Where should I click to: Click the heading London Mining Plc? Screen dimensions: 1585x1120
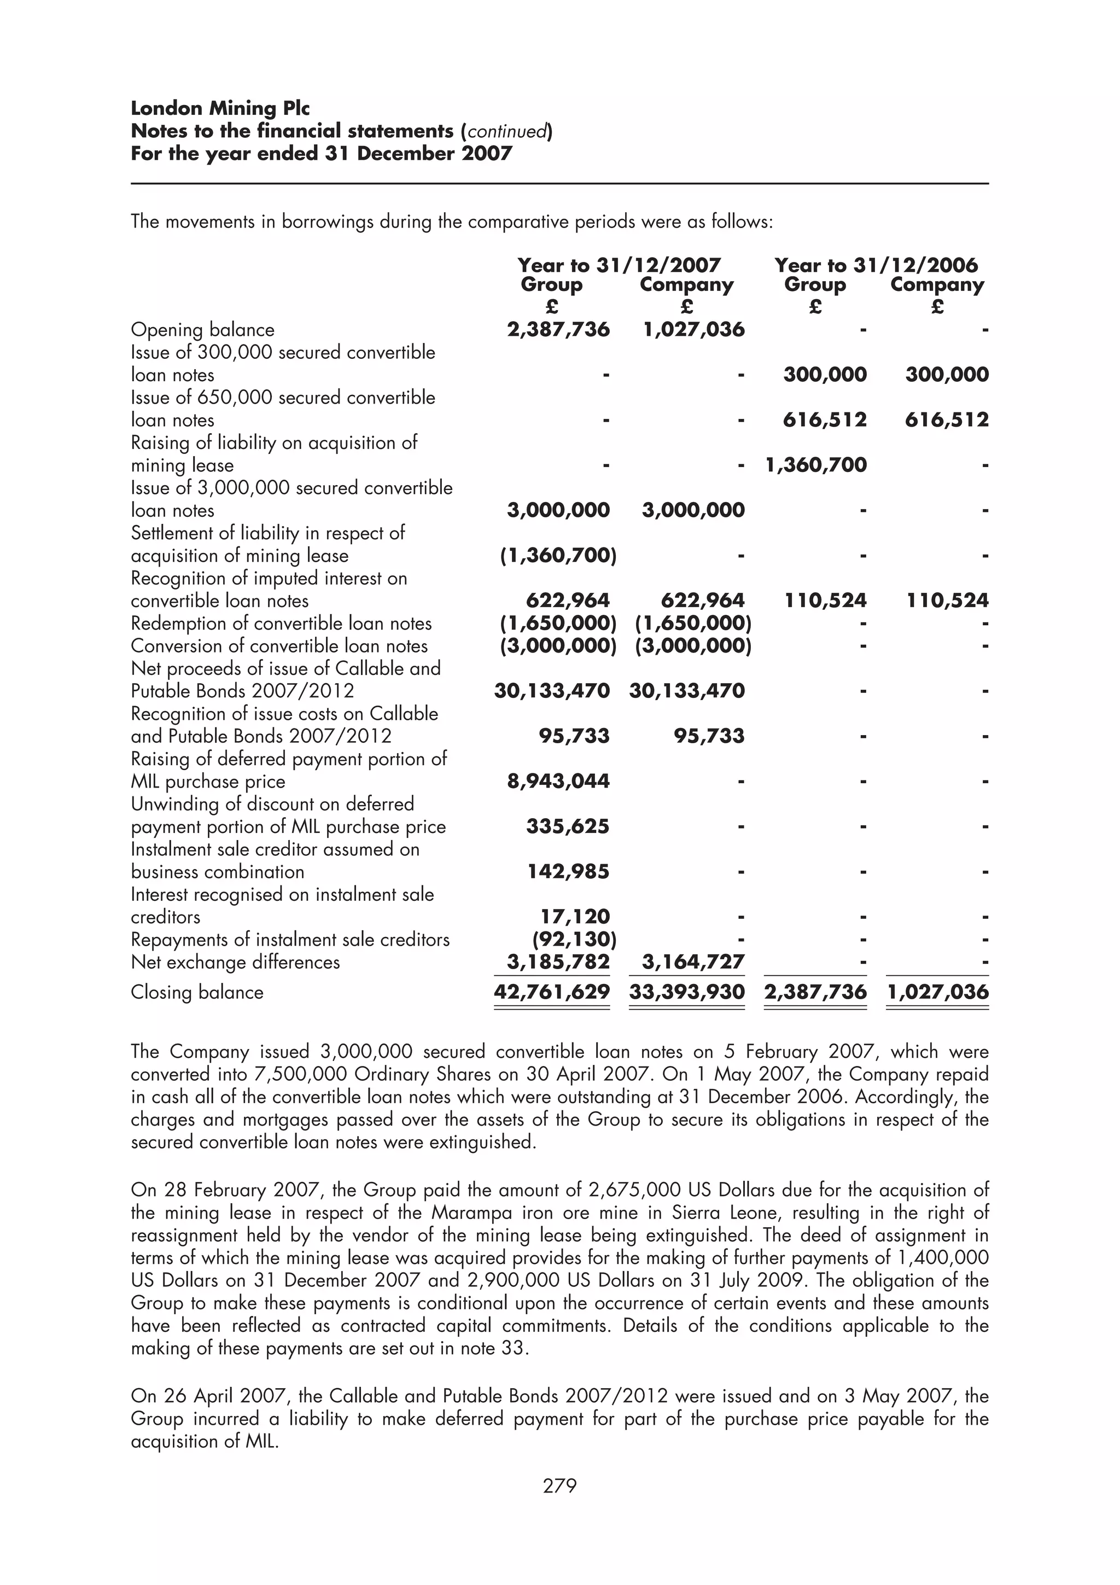click(220, 108)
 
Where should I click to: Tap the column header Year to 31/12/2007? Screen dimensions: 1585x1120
click(619, 265)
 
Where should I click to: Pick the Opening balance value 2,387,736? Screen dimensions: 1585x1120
click(558, 329)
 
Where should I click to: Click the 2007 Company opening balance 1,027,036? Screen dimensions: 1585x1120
click(693, 329)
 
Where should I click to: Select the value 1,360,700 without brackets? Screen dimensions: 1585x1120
click(816, 464)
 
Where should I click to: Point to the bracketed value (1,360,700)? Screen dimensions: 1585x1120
click(558, 555)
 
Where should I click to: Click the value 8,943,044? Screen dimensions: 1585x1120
click(558, 781)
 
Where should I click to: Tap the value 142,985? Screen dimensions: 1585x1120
click(568, 871)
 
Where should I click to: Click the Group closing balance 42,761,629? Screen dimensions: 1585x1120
click(552, 992)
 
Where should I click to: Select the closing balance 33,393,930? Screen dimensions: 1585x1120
click(687, 992)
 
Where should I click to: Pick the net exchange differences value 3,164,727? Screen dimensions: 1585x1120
click(693, 962)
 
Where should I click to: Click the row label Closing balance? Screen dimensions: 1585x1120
click(197, 993)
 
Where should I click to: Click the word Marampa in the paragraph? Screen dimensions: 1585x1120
click(469, 1213)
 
